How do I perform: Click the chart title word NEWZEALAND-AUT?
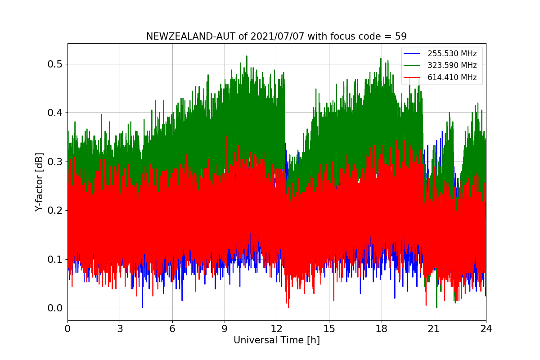191,36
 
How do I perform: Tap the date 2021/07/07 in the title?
278,36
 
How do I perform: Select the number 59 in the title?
400,36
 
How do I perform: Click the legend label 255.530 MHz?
452,54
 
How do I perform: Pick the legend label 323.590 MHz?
452,65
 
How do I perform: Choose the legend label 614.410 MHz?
452,77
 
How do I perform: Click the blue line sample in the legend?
412,54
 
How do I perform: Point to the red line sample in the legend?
412,77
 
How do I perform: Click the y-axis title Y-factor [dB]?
39,182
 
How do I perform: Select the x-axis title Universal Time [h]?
277,340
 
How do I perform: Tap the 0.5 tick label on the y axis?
55,64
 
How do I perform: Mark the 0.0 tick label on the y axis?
55,308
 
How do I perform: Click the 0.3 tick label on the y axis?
55,162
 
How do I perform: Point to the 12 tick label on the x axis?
277,328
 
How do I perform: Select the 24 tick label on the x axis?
486,328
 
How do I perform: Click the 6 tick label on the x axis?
172,328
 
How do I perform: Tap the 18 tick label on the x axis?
382,328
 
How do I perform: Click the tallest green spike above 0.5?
247,57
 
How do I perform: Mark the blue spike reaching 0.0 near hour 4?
143,306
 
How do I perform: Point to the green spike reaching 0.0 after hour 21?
436,306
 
